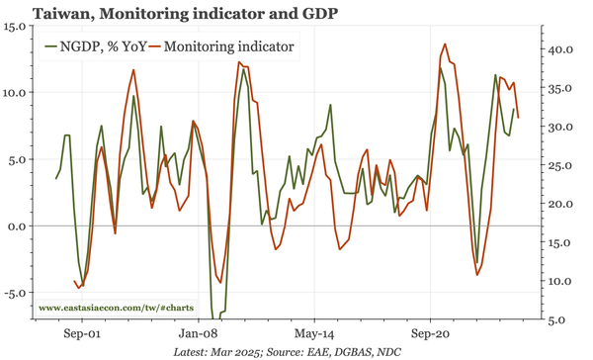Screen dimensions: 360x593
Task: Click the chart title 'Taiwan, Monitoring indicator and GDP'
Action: [x=169, y=13]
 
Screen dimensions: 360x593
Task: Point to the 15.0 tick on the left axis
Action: [x=15, y=26]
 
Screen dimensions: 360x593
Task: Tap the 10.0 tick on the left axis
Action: [x=15, y=92]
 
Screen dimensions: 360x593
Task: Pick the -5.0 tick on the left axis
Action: [x=17, y=293]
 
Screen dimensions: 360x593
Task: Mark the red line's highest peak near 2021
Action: [x=445, y=44]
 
